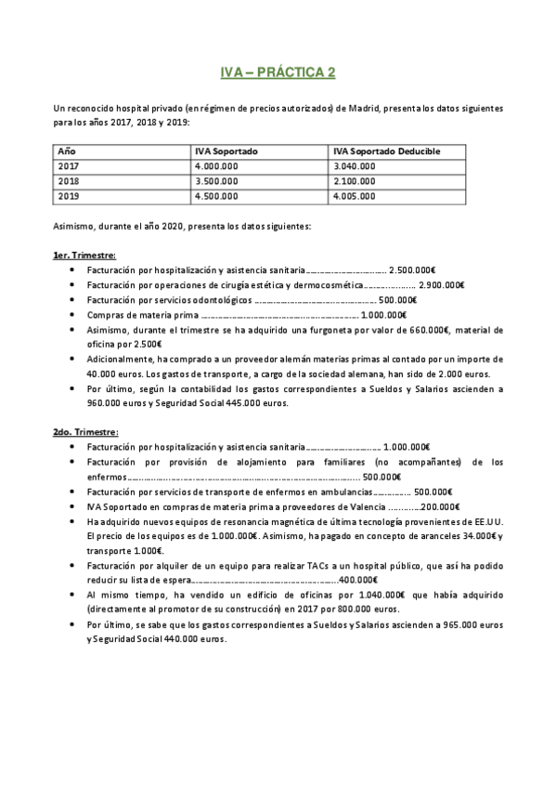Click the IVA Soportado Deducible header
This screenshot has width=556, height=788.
tap(386, 151)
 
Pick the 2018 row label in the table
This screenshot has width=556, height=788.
tap(69, 181)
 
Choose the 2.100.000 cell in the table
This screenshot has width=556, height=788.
tap(354, 181)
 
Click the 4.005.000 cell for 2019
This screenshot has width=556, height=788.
tap(354, 197)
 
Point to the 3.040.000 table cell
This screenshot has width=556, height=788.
tap(354, 165)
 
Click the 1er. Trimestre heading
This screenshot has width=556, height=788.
tap(84, 255)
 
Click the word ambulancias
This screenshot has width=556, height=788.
tap(347, 492)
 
